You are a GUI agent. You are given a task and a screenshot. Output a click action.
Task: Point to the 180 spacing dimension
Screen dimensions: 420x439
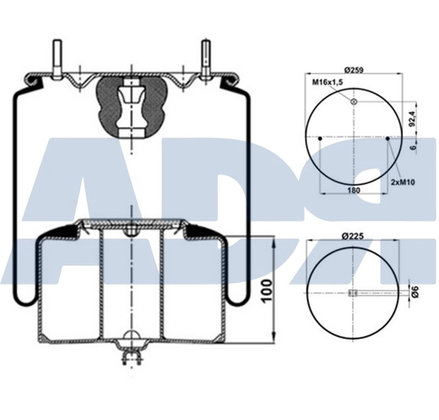pos(353,191)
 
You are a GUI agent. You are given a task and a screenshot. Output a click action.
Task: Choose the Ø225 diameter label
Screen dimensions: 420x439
pos(353,236)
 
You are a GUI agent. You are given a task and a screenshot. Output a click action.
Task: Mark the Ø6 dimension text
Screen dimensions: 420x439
pos(415,292)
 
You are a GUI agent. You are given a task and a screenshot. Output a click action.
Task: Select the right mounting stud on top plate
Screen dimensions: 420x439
pos(206,58)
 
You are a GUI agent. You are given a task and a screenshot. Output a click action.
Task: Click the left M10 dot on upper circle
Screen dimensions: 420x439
pos(320,139)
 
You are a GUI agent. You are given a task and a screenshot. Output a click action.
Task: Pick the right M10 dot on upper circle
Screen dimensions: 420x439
pos(389,139)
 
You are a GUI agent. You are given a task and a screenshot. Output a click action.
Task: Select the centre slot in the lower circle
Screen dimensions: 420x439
pos(352,292)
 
